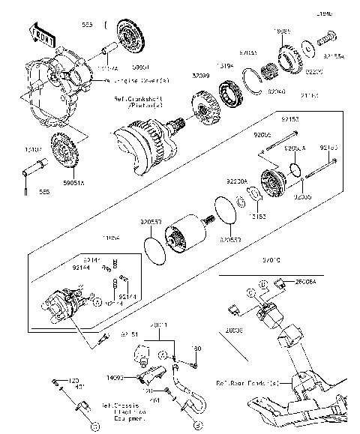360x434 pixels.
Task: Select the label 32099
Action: (x=179, y=76)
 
